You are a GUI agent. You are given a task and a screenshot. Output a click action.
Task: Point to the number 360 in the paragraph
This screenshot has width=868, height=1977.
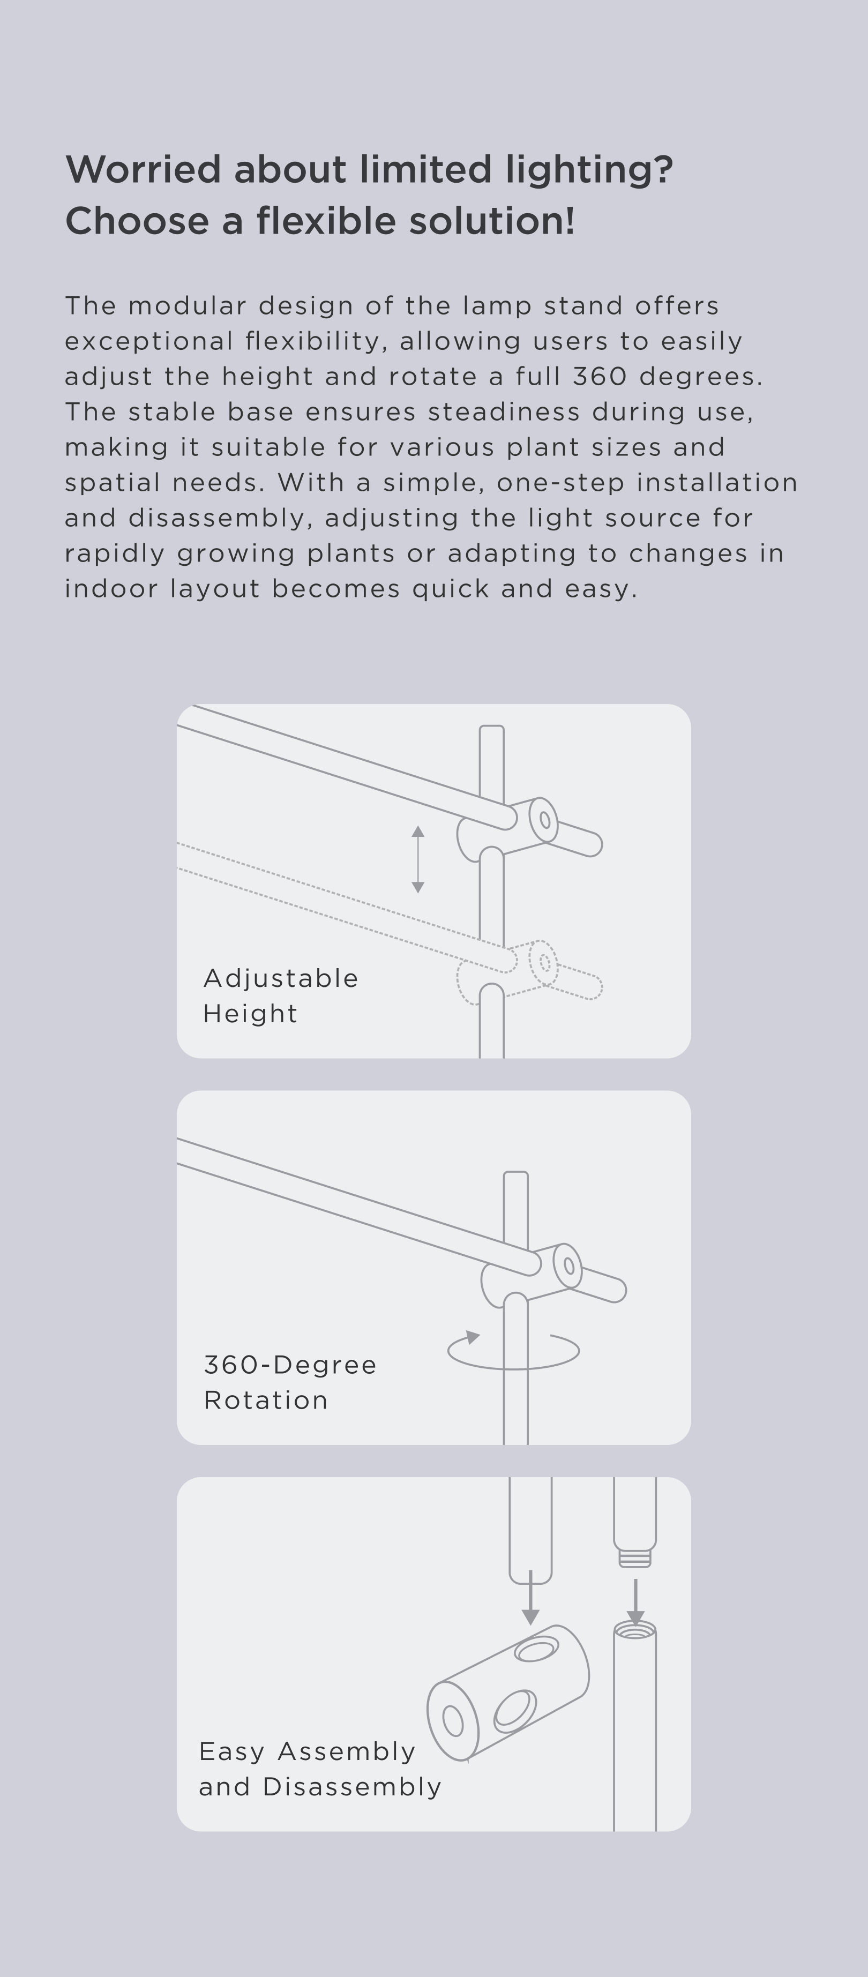pyautogui.click(x=600, y=376)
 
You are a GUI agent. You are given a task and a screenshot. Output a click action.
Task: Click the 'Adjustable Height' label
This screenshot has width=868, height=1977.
pyautogui.click(x=281, y=995)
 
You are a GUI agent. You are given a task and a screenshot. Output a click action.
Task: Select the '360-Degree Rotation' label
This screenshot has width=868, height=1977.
pyautogui.click(x=290, y=1382)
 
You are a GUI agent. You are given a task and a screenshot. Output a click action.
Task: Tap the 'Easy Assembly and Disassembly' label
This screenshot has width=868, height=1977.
pyautogui.click(x=320, y=1769)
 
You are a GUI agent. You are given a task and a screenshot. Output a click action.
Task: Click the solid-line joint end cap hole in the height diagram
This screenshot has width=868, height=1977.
pyautogui.click(x=545, y=820)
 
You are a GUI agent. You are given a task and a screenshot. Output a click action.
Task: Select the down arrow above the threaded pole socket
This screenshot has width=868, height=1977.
pyautogui.click(x=635, y=1601)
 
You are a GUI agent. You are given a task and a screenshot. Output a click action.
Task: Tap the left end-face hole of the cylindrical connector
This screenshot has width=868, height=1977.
pyautogui.click(x=453, y=1721)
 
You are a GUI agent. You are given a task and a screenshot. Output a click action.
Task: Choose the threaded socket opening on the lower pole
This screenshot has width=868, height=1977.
pyautogui.click(x=635, y=1630)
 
